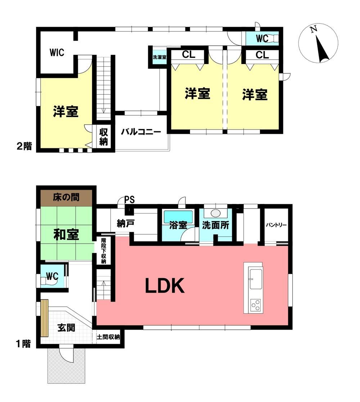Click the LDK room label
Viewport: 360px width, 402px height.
click(x=165, y=286)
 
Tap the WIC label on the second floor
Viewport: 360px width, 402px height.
click(x=57, y=53)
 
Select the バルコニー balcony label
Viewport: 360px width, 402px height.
click(x=141, y=132)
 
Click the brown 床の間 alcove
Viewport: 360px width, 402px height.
click(x=66, y=198)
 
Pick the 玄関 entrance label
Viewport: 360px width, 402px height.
click(x=66, y=328)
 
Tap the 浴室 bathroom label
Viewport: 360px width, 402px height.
click(x=178, y=225)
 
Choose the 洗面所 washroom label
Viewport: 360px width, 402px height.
click(x=215, y=225)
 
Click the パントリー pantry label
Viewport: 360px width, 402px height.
click(x=276, y=225)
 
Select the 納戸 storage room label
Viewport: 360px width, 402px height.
click(x=126, y=223)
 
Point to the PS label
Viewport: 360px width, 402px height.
click(x=130, y=199)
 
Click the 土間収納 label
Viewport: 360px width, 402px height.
click(x=108, y=336)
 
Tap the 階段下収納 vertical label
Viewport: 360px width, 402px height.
click(x=104, y=250)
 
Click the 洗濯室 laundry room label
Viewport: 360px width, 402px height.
click(x=159, y=57)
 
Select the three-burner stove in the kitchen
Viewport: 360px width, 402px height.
click(x=256, y=305)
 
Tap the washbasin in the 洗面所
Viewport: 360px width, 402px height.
click(x=215, y=213)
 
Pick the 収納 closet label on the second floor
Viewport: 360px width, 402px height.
click(x=104, y=137)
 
